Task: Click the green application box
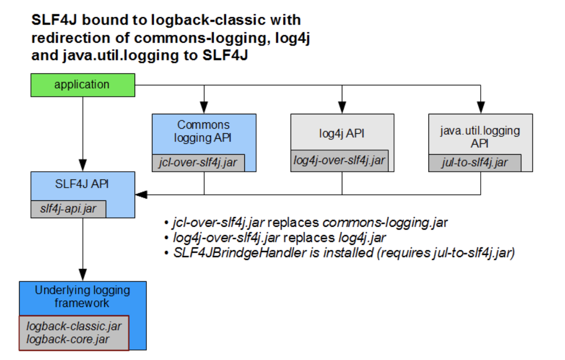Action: (x=83, y=85)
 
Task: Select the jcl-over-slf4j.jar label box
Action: (x=198, y=162)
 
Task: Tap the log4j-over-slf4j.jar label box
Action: (x=340, y=160)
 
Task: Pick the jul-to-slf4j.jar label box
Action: (x=475, y=162)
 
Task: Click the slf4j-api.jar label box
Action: (x=68, y=209)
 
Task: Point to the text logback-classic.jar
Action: (x=74, y=326)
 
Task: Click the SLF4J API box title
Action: (x=83, y=185)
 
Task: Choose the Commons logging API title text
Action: (x=204, y=131)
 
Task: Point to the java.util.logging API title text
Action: (x=480, y=137)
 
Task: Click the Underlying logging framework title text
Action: (x=82, y=297)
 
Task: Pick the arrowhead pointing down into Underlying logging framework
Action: (x=83, y=277)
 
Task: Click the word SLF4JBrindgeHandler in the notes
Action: (x=240, y=253)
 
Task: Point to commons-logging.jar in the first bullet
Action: (x=385, y=223)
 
